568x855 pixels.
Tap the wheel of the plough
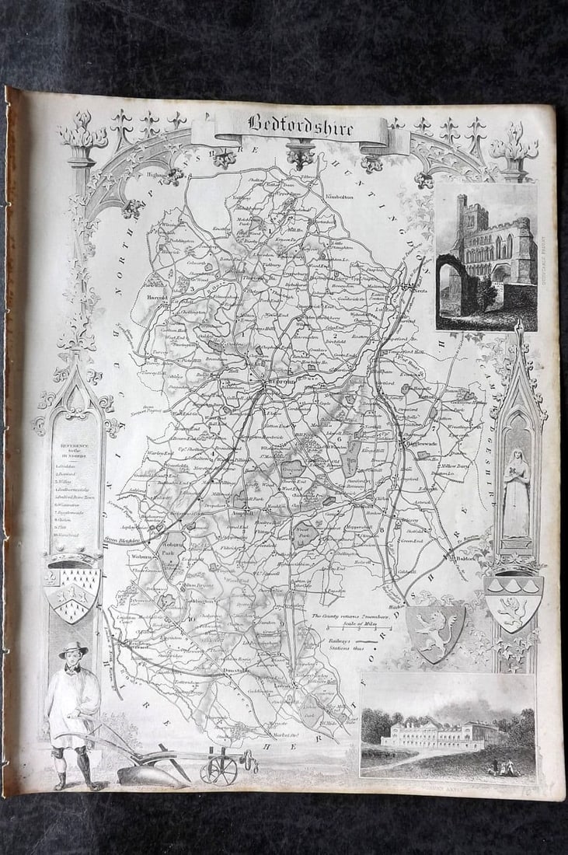tap(218, 769)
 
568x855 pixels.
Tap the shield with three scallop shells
tap(514, 602)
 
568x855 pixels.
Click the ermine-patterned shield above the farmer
tap(72, 592)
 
